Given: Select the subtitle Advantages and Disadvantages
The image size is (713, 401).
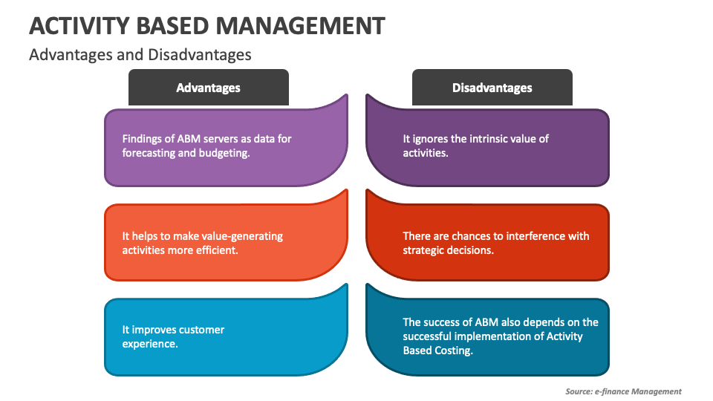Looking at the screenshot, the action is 140,54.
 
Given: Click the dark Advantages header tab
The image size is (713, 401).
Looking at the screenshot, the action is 208,88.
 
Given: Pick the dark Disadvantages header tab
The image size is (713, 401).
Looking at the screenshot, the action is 492,88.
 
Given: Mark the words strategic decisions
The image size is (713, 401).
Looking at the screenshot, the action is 448,250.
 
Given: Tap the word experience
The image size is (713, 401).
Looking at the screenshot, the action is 149,344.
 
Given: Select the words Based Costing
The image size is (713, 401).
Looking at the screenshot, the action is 438,351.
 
